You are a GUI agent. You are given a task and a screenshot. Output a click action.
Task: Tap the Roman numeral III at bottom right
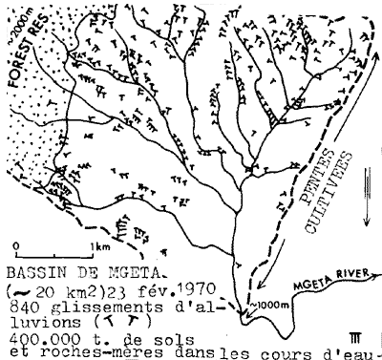[x=356, y=335]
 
